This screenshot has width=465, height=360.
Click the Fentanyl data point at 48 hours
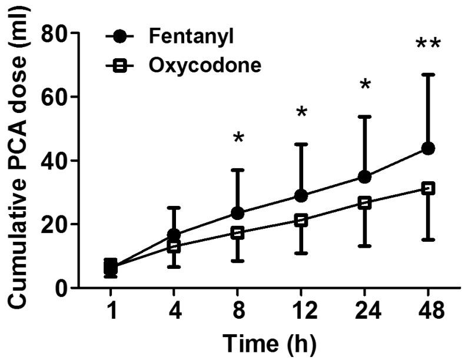click(x=428, y=148)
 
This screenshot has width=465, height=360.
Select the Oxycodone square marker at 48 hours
click(x=428, y=188)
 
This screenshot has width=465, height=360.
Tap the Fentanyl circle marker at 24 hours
click(x=364, y=177)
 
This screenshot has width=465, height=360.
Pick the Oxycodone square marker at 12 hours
click(x=301, y=220)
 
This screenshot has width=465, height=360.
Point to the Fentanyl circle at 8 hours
click(x=238, y=213)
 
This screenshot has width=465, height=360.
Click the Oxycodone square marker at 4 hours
click(x=174, y=247)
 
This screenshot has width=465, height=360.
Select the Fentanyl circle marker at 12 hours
click(x=301, y=195)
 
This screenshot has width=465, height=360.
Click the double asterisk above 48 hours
click(x=428, y=45)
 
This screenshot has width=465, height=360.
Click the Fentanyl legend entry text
click(x=183, y=36)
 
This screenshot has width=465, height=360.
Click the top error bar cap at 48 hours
click(x=428, y=75)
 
